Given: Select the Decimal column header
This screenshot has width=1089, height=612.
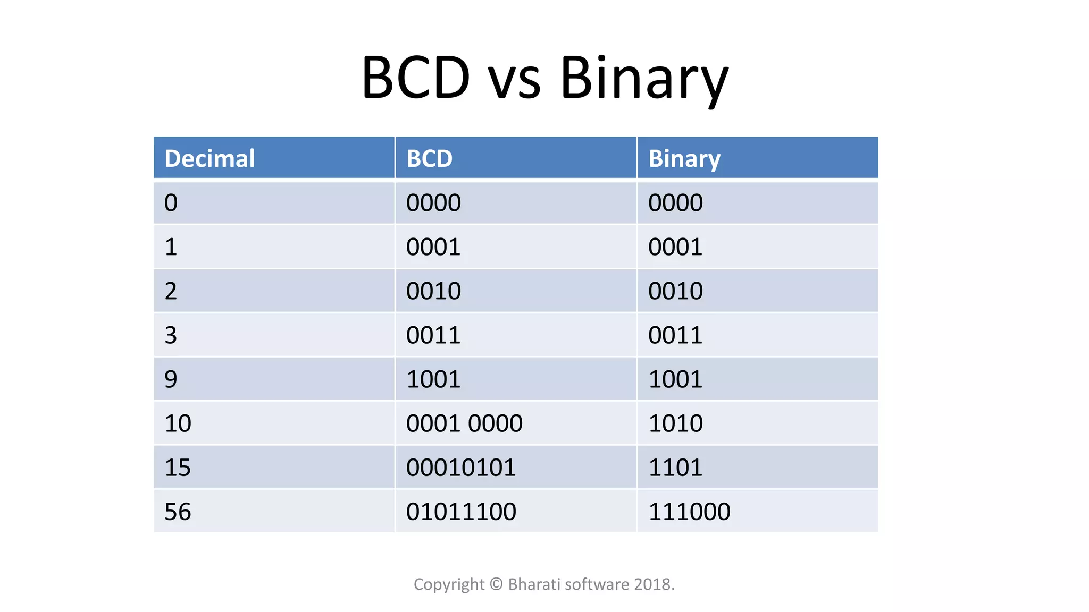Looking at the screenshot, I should [x=210, y=158].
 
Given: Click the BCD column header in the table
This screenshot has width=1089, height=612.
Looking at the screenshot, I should [x=429, y=158].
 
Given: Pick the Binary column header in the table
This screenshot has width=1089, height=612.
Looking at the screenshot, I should [x=684, y=158].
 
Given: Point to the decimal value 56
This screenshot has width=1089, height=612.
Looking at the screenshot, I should [x=178, y=512].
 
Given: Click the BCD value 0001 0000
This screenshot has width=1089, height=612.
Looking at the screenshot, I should [x=464, y=423].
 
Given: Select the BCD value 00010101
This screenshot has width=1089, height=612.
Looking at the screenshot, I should [x=461, y=467].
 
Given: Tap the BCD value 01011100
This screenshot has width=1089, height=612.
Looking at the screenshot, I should [x=461, y=512].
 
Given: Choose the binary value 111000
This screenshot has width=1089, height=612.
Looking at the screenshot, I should [x=689, y=512].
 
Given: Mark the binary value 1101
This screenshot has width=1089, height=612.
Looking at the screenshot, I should [x=675, y=467].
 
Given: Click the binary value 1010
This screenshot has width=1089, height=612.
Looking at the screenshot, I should [x=675, y=423].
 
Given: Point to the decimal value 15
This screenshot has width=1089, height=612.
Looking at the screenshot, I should [x=178, y=467].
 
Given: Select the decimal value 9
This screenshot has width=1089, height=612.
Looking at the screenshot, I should [x=171, y=379].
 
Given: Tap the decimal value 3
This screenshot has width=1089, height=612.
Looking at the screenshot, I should [x=171, y=335].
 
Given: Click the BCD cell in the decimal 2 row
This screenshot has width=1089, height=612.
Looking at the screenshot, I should [x=433, y=291].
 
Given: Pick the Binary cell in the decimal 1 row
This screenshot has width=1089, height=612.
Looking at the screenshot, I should [x=675, y=247].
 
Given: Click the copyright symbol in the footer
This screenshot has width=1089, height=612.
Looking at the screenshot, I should [x=496, y=584].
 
